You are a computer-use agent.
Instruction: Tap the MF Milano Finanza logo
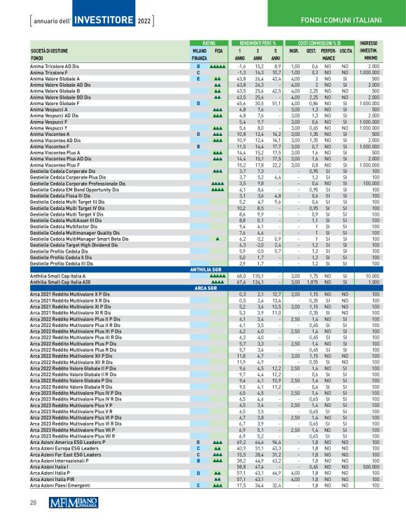(x=76, y=502)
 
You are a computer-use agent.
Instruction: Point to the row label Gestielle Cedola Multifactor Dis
(x=66, y=227)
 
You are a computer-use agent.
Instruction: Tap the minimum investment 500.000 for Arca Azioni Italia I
(x=370, y=466)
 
